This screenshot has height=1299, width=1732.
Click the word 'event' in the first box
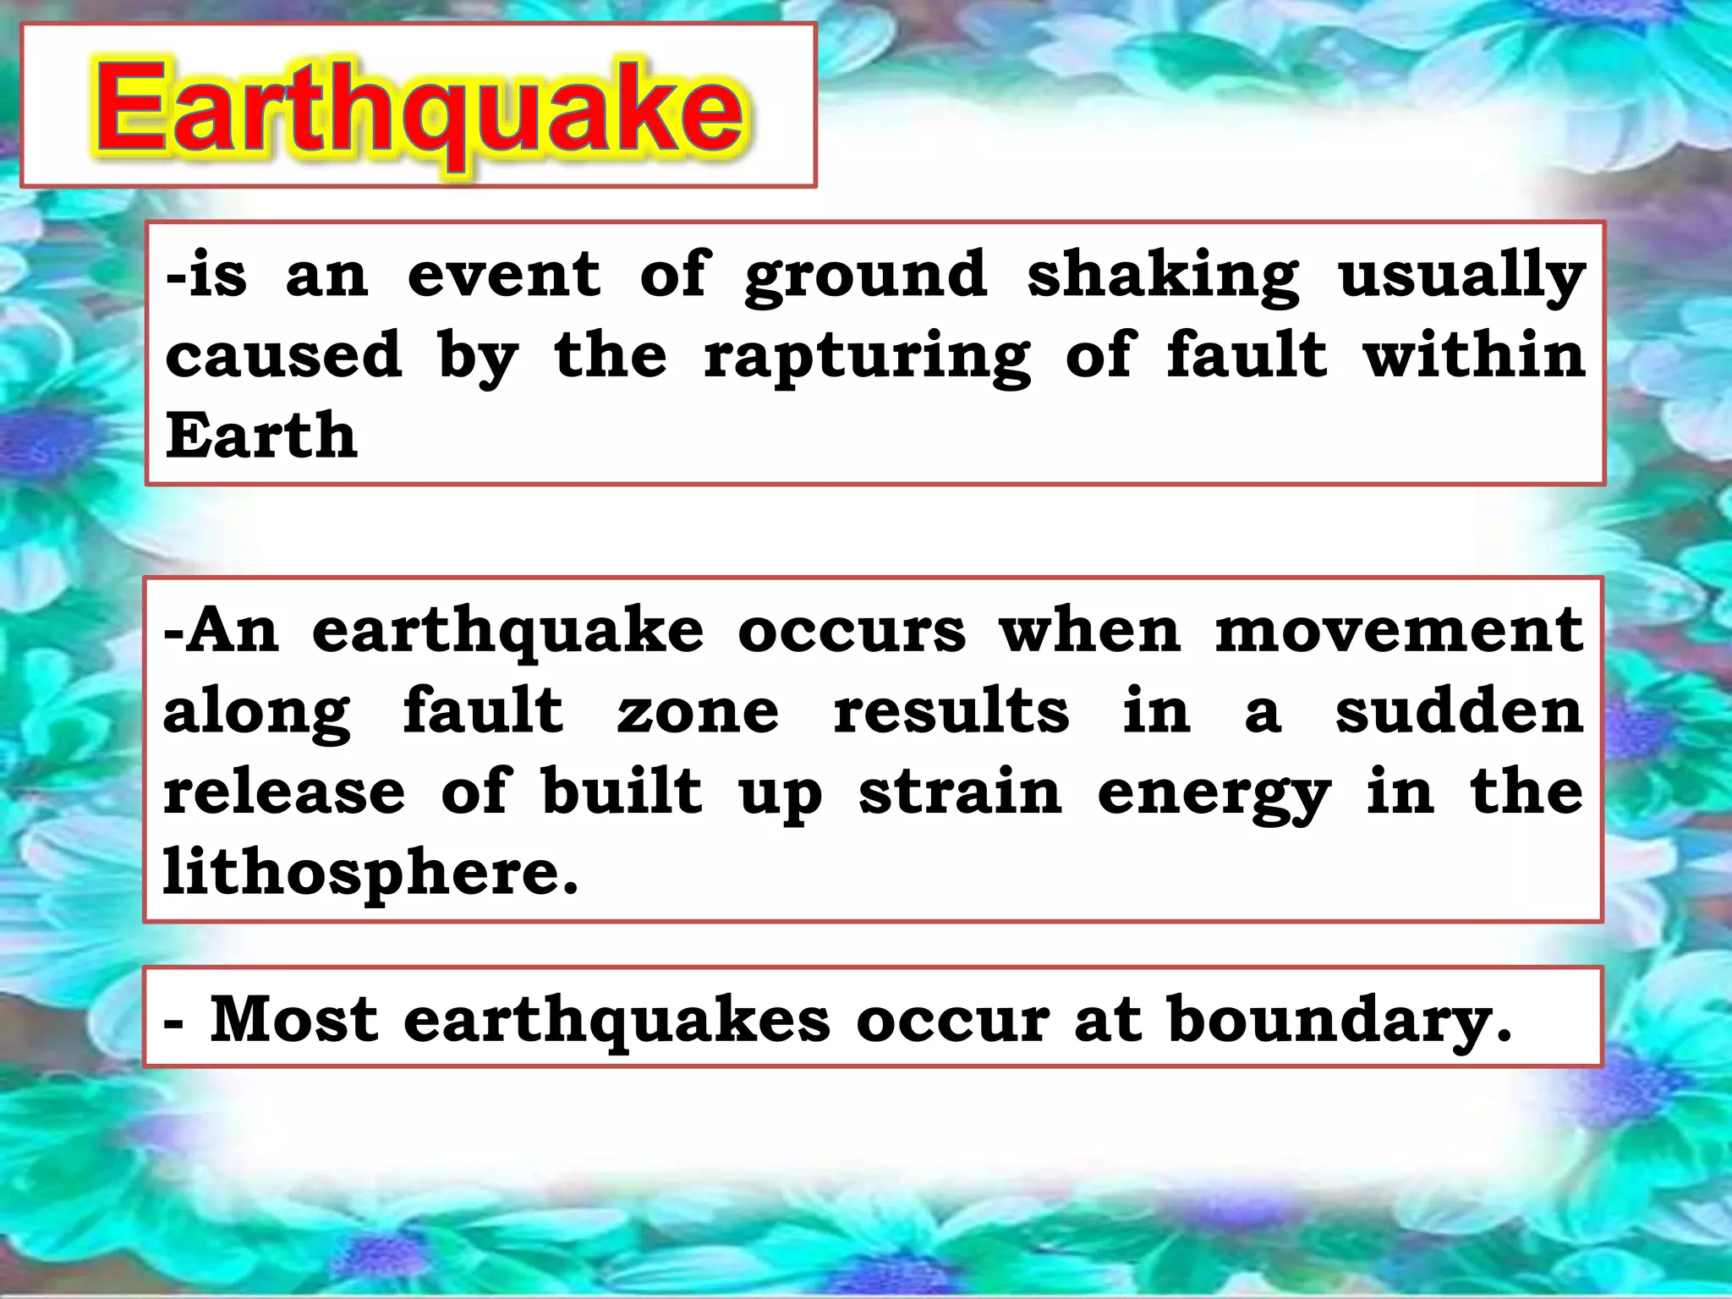coord(504,275)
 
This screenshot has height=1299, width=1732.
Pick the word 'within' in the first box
coord(1474,355)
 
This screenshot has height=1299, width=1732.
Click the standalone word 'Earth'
coord(261,436)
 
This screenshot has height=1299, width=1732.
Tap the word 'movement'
coord(1399,631)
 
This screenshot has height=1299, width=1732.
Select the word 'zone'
coord(698,712)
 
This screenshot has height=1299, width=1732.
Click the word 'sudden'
coord(1459,710)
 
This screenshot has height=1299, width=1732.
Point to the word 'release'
coord(284,792)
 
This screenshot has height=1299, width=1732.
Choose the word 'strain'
coord(960,792)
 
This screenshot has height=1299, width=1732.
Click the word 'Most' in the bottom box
coord(293,1018)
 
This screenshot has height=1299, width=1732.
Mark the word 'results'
coord(951,712)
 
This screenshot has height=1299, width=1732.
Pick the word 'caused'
coord(283,355)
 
